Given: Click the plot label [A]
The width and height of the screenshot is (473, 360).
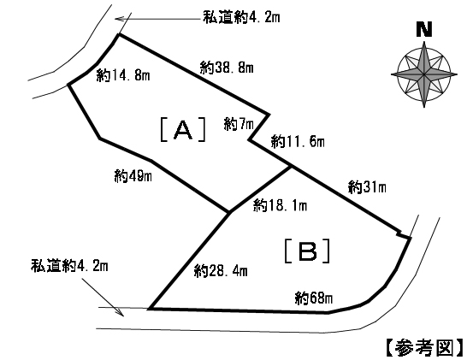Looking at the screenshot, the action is pos(183,129).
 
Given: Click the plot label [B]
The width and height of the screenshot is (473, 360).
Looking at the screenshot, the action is pos(307,251).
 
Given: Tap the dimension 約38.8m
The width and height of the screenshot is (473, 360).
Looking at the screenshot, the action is pos(227,68).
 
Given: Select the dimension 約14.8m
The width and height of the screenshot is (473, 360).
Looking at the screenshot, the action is pos(123,75).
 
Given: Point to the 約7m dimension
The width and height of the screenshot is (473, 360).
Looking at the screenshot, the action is pos(239,124).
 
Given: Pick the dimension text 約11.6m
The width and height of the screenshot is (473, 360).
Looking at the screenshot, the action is pos(298,141).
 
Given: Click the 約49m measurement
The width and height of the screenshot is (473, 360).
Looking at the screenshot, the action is pos(133,176).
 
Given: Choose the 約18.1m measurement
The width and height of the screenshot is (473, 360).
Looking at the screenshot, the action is pos(281,205).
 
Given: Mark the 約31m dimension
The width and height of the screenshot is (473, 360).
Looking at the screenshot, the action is pos(367,187).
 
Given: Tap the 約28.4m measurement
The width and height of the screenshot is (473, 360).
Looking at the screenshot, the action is pos(222,271).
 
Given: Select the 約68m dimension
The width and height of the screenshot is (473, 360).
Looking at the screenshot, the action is pos(314,298).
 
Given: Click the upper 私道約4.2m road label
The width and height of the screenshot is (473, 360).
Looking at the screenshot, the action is pos(241,17).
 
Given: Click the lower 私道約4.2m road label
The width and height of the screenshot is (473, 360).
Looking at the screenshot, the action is pos(69,266).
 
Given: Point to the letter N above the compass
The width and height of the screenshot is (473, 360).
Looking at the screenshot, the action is pos(424,30).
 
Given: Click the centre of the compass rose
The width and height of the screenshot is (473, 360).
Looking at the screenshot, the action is pos(424,74).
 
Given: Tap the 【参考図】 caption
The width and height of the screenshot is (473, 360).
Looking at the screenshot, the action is pos(425,347).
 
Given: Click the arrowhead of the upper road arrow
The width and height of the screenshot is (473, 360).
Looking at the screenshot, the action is pos(115,19).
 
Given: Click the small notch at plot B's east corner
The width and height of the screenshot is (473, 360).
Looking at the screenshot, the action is pos(400,233).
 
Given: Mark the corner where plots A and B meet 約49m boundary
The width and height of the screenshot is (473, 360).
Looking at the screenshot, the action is pos(230,212).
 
